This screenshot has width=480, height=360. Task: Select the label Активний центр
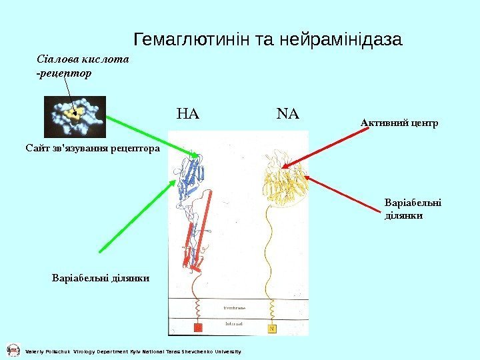tap(399, 123)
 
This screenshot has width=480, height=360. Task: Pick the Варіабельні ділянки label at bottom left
tap(100, 277)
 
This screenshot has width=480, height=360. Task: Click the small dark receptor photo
tap(75, 117)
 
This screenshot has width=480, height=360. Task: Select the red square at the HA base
tap(197, 328)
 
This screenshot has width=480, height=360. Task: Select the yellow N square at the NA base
tap(272, 328)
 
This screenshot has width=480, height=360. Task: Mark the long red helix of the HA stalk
tap(203, 227)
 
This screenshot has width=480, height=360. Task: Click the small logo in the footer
tap(12, 350)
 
